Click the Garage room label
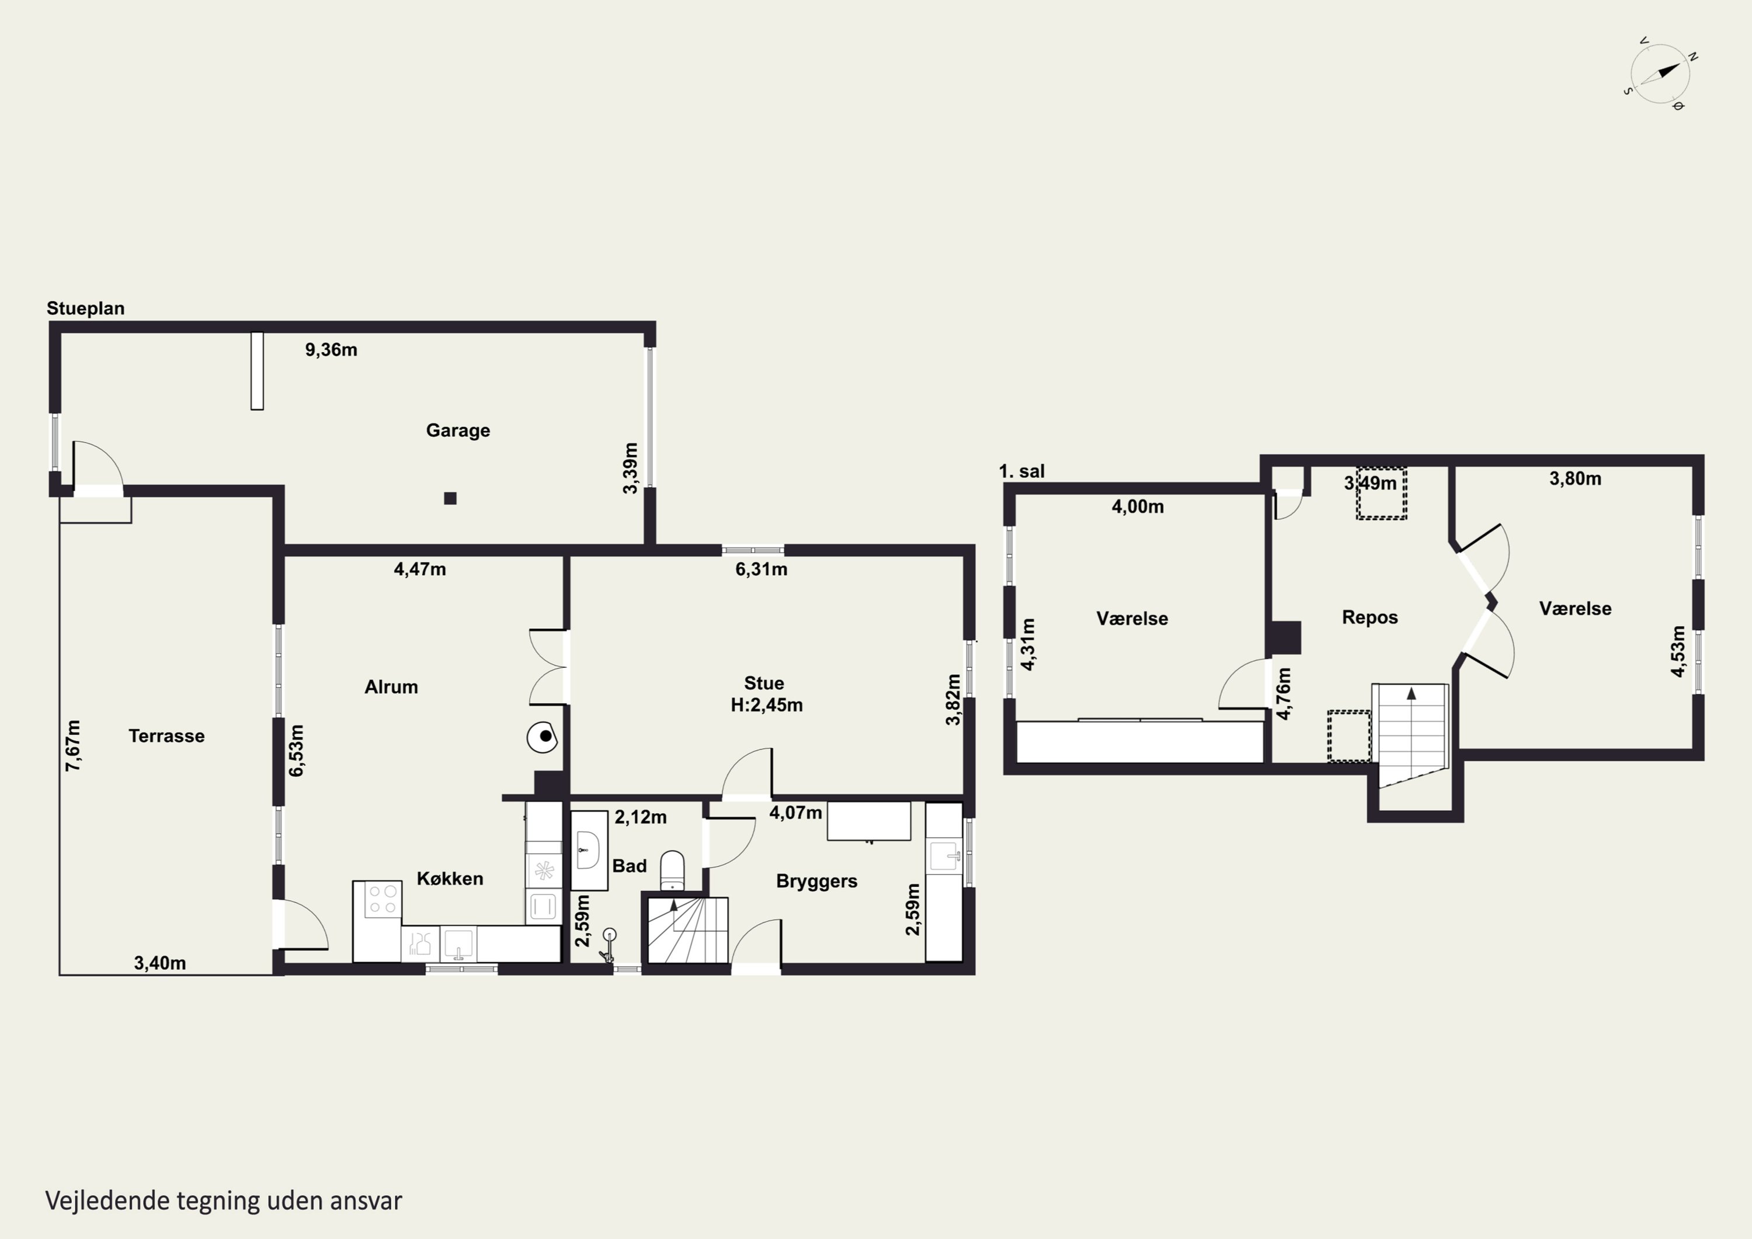click(x=458, y=431)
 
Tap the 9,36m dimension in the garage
click(x=331, y=350)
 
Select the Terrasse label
click(x=166, y=736)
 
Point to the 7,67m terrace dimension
click(x=73, y=745)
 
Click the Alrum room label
click(x=391, y=687)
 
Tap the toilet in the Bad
click(x=672, y=870)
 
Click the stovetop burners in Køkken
click(x=383, y=899)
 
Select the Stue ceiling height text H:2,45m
click(x=767, y=706)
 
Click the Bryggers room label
click(x=816, y=881)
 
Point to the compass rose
click(x=1660, y=75)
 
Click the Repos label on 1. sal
click(x=1369, y=617)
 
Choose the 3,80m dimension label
click(x=1575, y=478)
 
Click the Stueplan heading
click(x=85, y=308)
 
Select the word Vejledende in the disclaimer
click(x=107, y=1201)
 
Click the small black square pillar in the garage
click(x=450, y=498)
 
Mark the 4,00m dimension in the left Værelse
click(x=1138, y=507)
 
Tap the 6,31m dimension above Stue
click(x=762, y=570)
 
